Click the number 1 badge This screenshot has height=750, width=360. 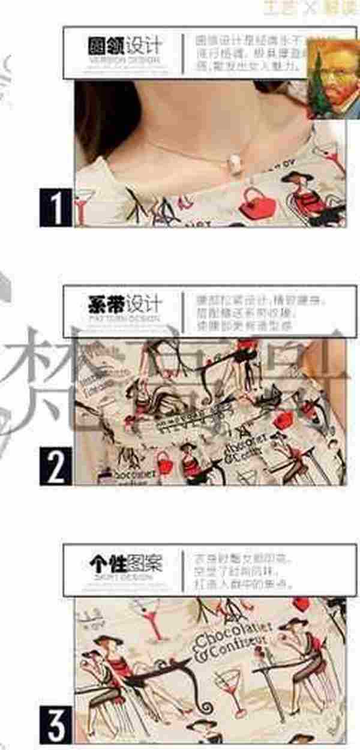pyautogui.click(x=56, y=208)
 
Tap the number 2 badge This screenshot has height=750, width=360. pyautogui.click(x=56, y=466)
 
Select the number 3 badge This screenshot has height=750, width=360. pyautogui.click(x=56, y=725)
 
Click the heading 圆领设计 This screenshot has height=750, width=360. pyautogui.click(x=125, y=46)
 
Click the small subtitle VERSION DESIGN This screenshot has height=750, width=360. pyautogui.click(x=125, y=61)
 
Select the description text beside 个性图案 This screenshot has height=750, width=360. pyautogui.click(x=243, y=571)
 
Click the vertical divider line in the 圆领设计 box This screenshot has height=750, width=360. pyautogui.click(x=182, y=53)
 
